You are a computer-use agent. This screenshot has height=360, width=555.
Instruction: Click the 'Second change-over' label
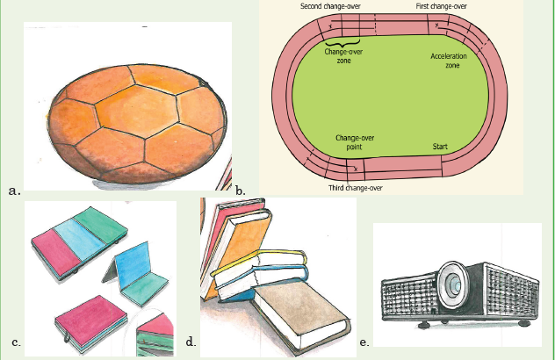330,6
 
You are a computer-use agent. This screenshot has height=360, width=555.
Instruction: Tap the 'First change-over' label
441,6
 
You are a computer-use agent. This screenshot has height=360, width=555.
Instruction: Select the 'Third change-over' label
356,188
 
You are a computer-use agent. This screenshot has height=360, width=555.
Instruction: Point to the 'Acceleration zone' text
449,61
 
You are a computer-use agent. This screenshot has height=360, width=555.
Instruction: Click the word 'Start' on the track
440,147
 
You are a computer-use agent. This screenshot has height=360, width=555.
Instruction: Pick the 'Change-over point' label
355,142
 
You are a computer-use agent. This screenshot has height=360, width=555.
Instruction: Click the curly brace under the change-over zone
342,44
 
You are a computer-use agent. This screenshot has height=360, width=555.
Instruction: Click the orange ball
137,123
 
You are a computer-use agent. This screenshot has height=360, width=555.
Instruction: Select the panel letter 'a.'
15,191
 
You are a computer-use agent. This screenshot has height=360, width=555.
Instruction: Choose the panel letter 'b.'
241,191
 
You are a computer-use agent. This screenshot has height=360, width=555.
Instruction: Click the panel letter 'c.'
16,342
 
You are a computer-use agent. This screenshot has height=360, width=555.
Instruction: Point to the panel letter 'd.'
191,342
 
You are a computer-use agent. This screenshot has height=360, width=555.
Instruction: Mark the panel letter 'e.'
364,342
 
